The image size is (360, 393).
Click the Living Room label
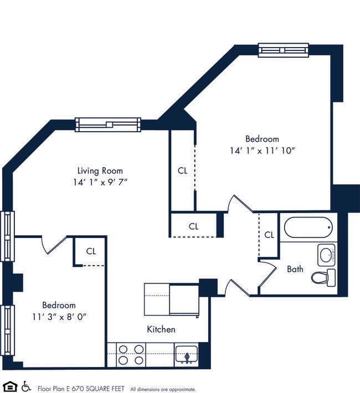[x=100, y=170]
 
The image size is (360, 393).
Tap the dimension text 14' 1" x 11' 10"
[x=262, y=151]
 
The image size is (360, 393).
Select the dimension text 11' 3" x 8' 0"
[x=59, y=317]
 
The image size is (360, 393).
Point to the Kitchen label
[x=161, y=329]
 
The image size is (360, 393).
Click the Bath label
[x=295, y=270]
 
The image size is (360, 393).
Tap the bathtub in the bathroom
[x=307, y=227]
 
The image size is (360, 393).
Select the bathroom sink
[x=326, y=255]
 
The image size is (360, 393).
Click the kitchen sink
[x=186, y=354]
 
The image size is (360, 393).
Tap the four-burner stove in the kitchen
[x=132, y=354]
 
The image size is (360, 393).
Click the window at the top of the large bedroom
[x=283, y=50]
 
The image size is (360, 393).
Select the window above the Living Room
[x=108, y=125]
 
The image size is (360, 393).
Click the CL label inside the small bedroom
[x=91, y=251]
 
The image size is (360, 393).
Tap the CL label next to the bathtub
[x=269, y=235]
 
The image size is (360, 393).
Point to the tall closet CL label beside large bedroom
[x=182, y=171]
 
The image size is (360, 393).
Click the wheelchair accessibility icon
[x=26, y=386]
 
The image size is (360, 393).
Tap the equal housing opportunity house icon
[x=9, y=386]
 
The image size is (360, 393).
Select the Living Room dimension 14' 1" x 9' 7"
[x=100, y=182]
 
